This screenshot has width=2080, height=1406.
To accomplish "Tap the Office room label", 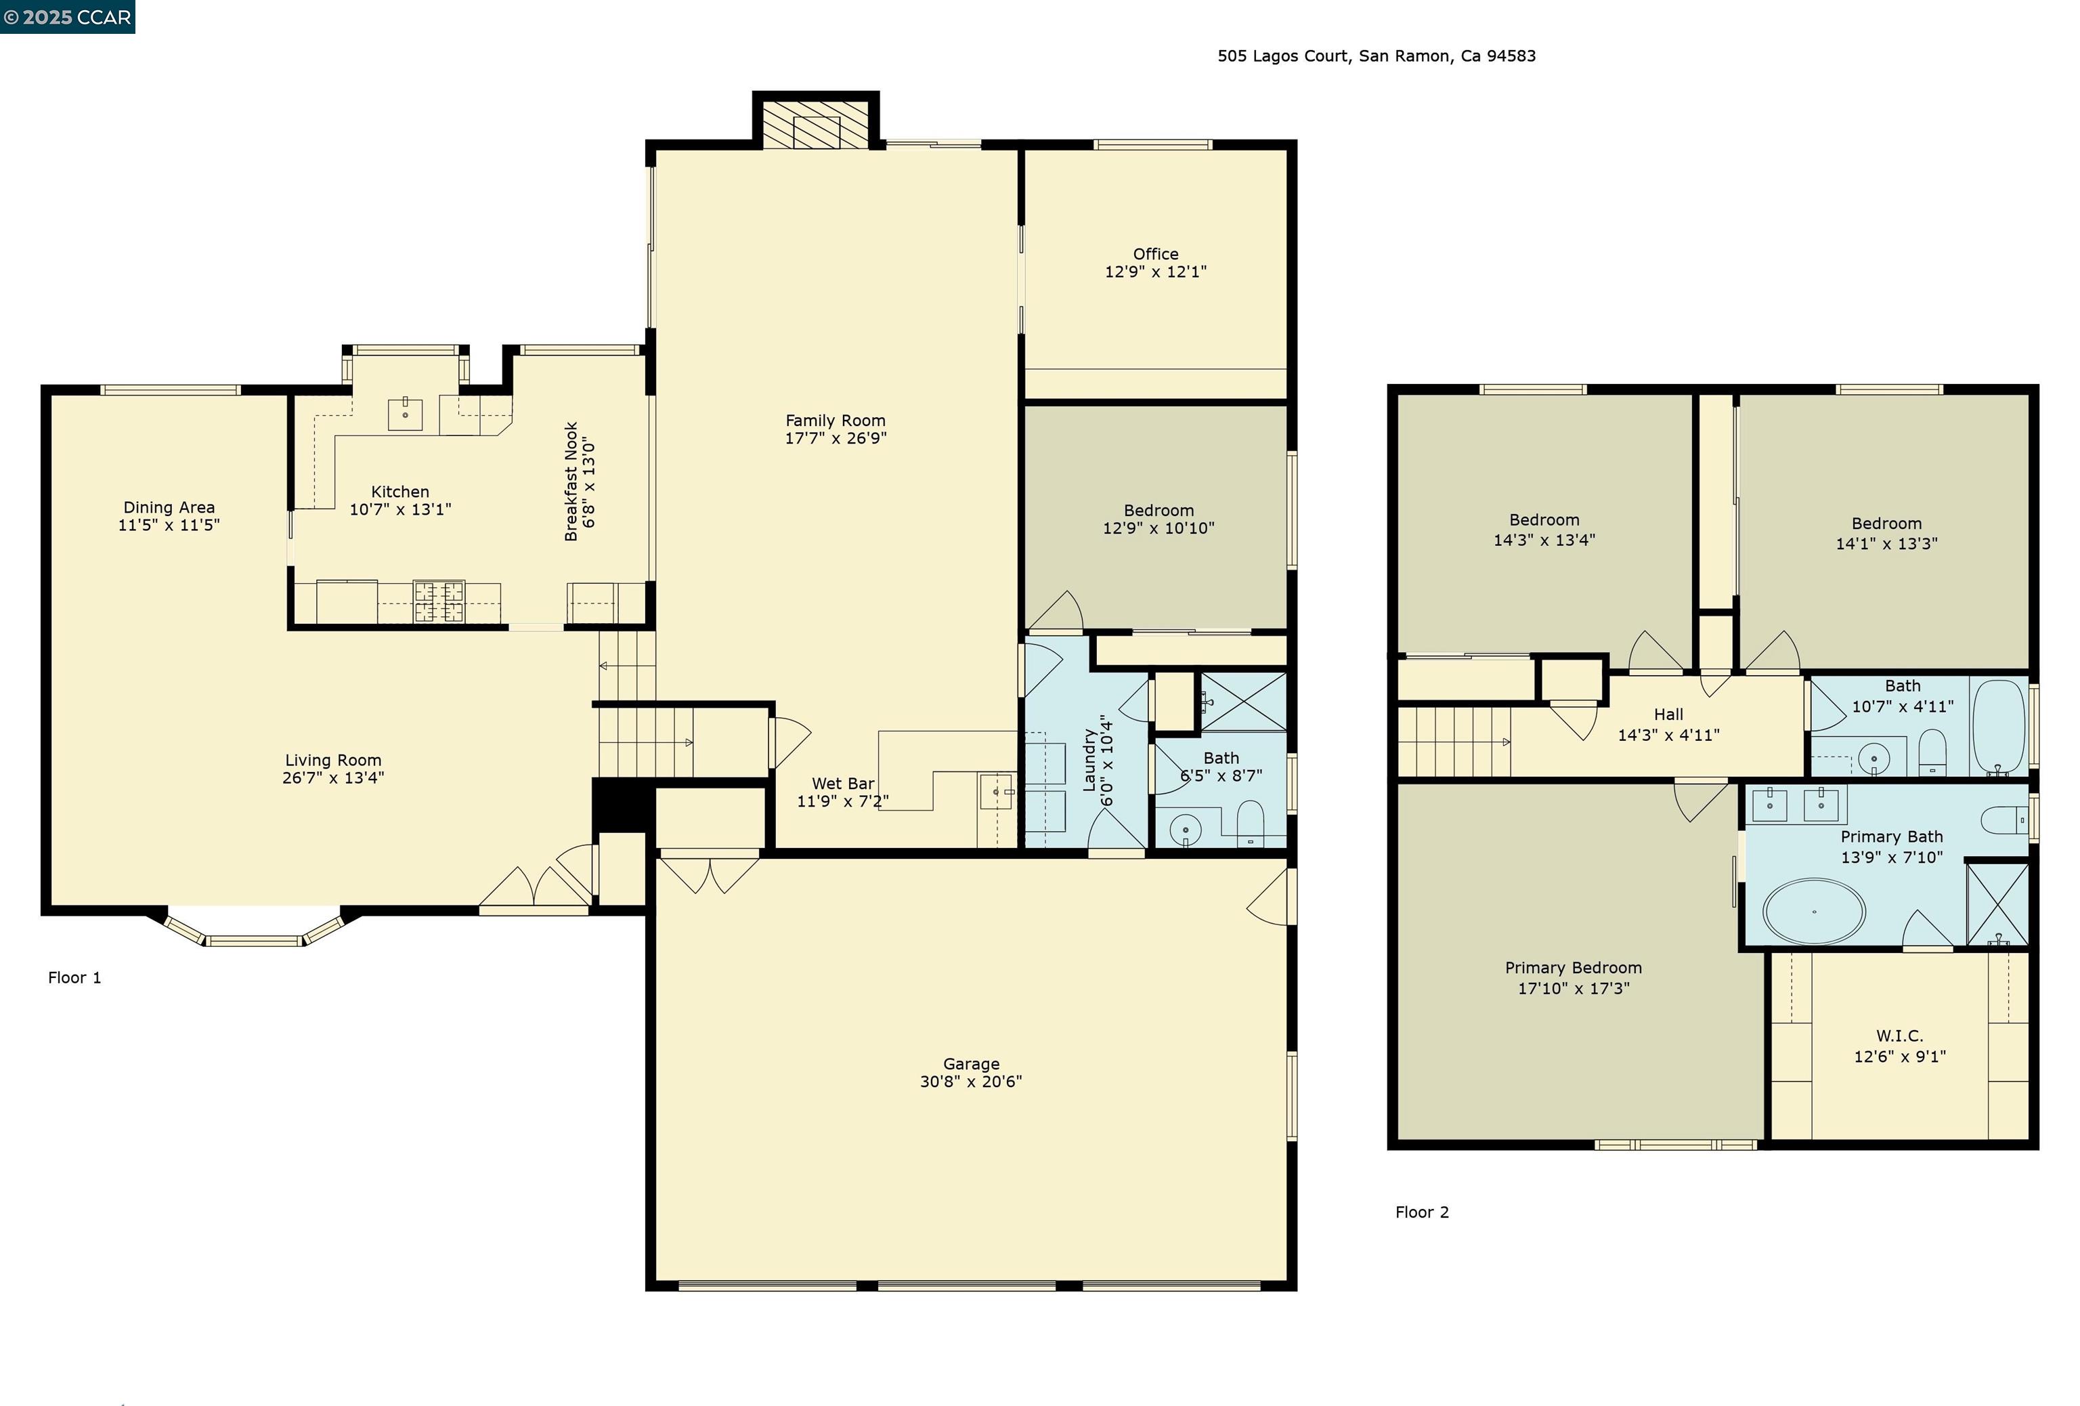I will click(x=1156, y=254).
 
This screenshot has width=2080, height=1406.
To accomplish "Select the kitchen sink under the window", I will click(x=404, y=414).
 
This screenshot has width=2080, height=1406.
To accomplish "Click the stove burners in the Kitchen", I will click(x=439, y=601).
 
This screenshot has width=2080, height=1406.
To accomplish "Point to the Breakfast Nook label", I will click(x=571, y=482).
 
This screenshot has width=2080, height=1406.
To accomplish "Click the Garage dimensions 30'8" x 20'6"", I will click(x=970, y=1081).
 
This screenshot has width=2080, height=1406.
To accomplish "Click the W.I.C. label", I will click(x=1899, y=1036).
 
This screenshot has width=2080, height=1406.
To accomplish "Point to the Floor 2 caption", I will click(x=1421, y=1212).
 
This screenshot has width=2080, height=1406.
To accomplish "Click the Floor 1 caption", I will click(x=74, y=977).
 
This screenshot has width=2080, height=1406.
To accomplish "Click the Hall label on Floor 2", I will click(x=1668, y=715).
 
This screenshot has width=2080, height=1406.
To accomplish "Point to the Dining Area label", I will click(x=169, y=507).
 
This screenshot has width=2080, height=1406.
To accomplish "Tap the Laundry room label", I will click(x=1089, y=760).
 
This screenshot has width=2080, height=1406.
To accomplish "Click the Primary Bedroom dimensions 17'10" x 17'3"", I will click(x=1573, y=988).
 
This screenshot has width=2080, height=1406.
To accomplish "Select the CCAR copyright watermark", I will click(x=67, y=17).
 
